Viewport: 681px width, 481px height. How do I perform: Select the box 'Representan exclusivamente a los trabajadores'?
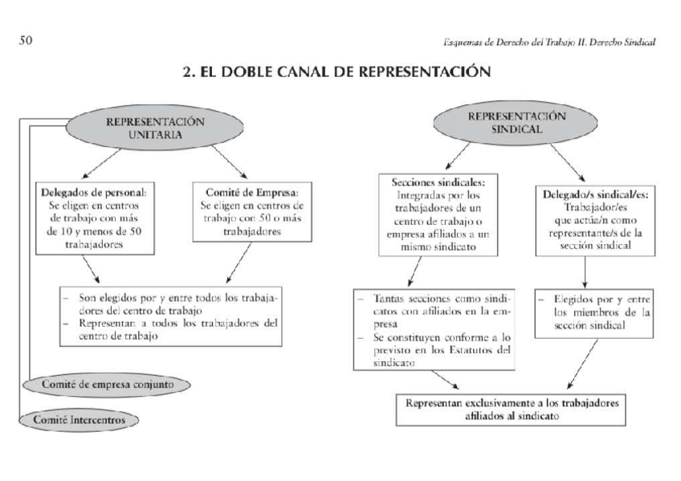click(x=512, y=410)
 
